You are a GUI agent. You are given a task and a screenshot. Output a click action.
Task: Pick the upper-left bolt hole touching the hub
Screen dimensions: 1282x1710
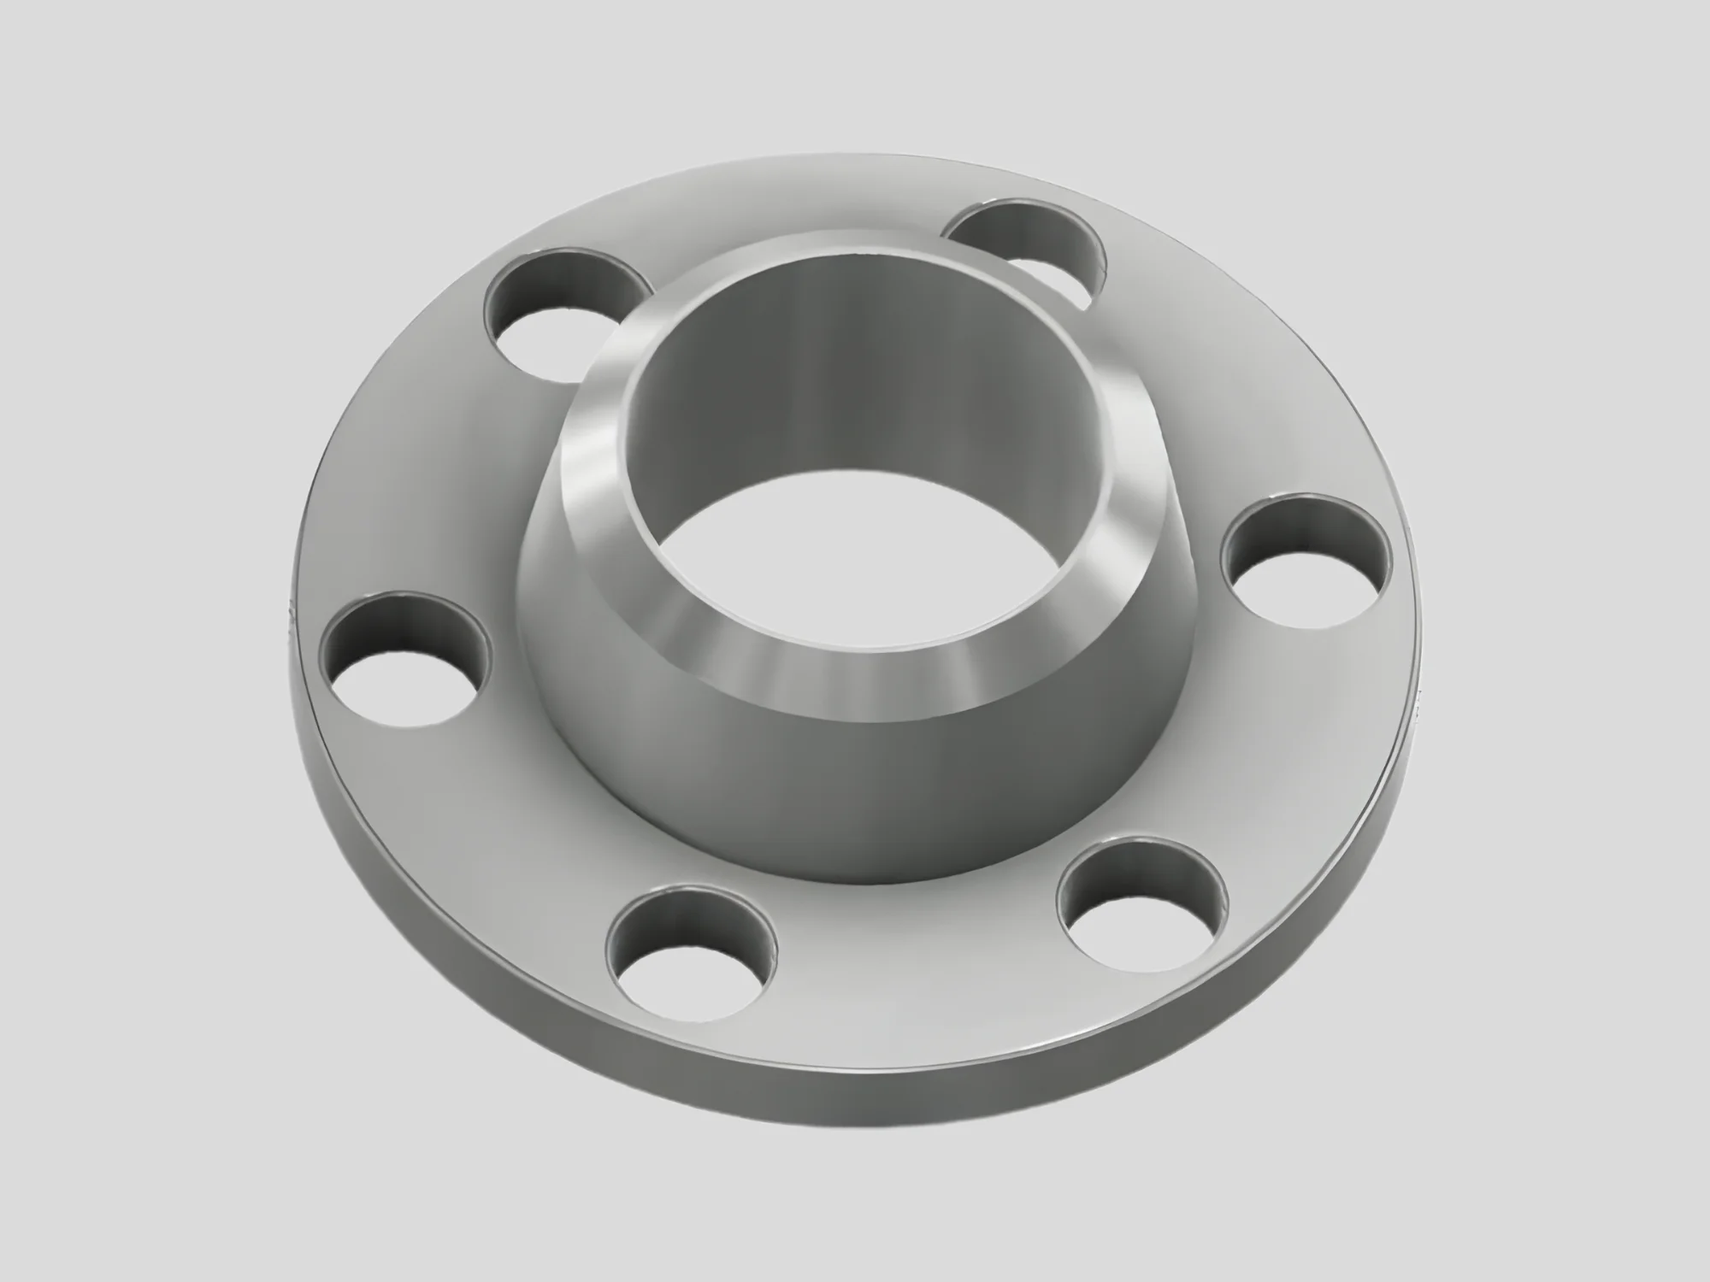point(560,312)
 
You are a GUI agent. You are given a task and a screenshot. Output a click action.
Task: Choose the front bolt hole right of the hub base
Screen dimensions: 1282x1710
point(1141,910)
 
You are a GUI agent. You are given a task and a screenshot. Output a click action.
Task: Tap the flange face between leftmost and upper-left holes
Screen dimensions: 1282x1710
point(445,479)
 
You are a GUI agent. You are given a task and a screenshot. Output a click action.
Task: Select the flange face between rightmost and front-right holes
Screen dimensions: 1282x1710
point(1265,752)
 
